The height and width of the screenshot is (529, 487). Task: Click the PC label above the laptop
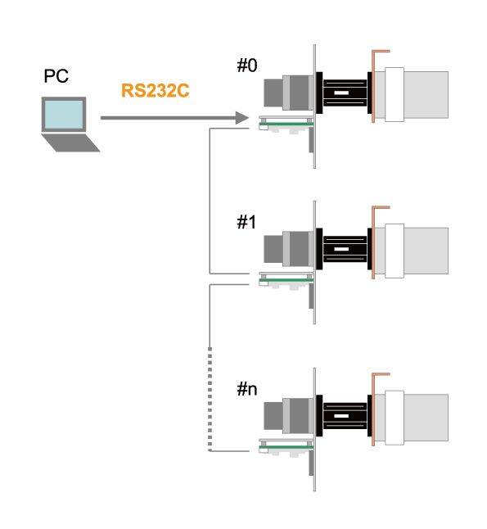click(x=56, y=76)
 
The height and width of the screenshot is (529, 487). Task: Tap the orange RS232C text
click(x=156, y=90)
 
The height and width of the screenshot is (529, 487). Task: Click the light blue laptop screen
click(x=64, y=115)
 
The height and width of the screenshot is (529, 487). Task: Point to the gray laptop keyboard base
click(x=71, y=142)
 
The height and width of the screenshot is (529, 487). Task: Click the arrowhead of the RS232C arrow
click(x=242, y=118)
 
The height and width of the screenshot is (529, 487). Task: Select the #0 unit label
click(x=247, y=66)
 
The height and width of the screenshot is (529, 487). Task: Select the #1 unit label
click(x=246, y=222)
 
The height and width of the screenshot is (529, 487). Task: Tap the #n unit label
click(x=247, y=389)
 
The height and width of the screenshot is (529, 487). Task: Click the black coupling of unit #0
click(x=344, y=93)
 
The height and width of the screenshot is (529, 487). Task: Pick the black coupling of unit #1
click(x=344, y=249)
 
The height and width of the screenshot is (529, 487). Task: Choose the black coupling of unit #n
click(x=344, y=416)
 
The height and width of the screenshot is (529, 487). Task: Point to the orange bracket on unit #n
click(x=373, y=409)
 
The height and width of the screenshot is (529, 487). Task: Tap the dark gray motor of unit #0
click(x=289, y=93)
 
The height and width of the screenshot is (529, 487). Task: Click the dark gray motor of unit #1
click(x=289, y=249)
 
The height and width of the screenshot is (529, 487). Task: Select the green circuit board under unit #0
click(x=286, y=124)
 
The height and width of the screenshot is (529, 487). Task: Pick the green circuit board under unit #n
click(x=286, y=447)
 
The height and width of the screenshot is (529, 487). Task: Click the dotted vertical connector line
click(x=210, y=399)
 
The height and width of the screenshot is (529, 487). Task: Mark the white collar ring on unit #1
click(x=395, y=251)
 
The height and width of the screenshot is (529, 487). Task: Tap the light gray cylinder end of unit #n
click(x=426, y=418)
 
